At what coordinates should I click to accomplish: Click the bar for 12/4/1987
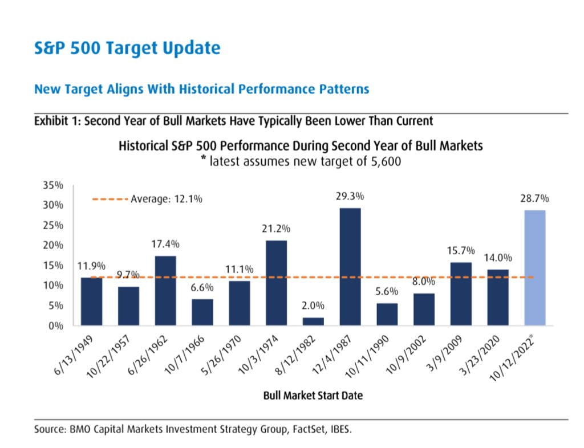pos(350,267)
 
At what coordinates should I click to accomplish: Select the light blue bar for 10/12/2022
pos(534,268)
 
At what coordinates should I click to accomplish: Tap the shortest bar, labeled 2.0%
pos(313,321)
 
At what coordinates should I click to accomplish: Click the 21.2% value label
pos(277,229)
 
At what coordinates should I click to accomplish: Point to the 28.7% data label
pos(535,198)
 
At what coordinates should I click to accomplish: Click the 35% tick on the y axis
pos(54,186)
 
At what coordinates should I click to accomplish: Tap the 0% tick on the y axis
pos(56,326)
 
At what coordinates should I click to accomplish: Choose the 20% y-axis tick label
pos(54,246)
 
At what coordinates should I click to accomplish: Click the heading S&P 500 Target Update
pos(127,48)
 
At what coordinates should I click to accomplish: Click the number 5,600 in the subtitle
pos(384,161)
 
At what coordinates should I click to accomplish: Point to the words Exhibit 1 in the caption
pos(56,121)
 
